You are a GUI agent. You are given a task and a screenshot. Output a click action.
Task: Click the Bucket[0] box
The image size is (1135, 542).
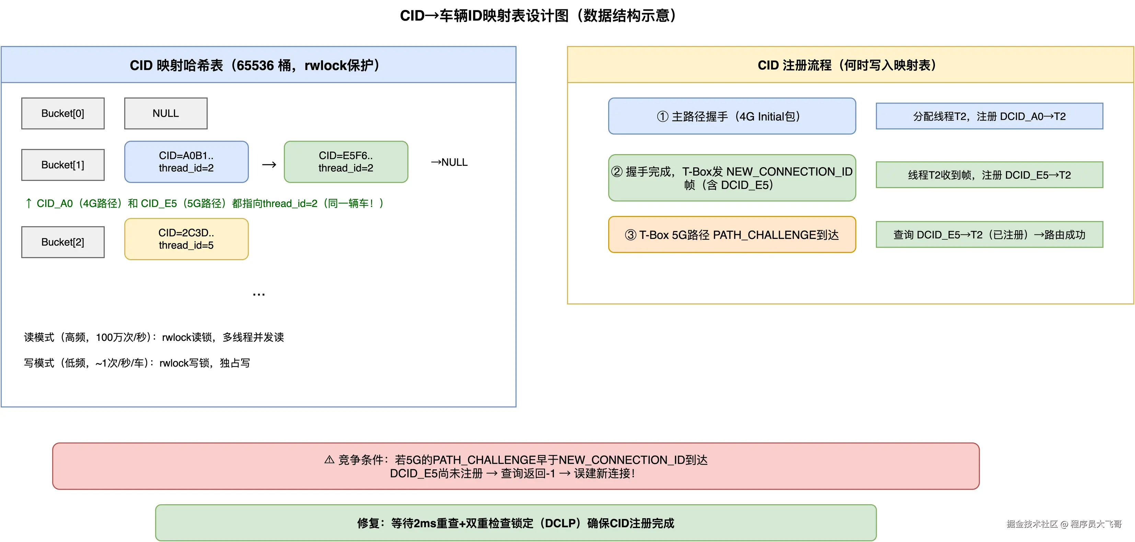(62, 113)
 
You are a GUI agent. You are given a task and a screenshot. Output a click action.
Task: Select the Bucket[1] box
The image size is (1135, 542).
(62, 165)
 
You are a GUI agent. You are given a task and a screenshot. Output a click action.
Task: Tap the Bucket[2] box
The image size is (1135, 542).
(62, 242)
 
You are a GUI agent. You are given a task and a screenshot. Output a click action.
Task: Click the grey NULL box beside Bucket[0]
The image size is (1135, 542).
(166, 113)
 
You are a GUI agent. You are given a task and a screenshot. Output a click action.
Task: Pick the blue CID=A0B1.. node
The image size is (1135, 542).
(186, 162)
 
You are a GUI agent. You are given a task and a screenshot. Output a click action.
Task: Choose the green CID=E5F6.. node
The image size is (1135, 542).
(346, 162)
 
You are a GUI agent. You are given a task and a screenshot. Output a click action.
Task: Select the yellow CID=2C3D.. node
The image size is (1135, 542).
(186, 239)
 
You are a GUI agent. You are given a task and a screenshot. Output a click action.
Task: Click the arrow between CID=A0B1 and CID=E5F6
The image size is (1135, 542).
(269, 165)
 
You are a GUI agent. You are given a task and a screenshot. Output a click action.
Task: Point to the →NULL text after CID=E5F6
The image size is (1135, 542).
(449, 162)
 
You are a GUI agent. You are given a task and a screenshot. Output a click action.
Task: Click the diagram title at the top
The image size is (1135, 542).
(538, 16)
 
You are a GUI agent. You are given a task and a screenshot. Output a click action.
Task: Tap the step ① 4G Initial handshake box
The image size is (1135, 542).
(732, 116)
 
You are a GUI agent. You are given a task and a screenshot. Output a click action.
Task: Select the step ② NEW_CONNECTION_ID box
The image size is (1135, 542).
(732, 177)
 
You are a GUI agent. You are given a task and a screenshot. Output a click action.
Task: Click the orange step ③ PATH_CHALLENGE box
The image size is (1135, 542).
(732, 234)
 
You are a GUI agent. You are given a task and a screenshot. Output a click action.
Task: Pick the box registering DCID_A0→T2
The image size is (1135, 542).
(989, 116)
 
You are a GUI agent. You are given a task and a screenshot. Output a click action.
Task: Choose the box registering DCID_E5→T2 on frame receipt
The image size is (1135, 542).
(989, 175)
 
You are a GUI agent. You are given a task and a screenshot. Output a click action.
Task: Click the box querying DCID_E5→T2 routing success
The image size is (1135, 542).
(989, 234)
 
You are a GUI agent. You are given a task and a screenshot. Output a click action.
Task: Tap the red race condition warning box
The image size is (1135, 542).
(516, 466)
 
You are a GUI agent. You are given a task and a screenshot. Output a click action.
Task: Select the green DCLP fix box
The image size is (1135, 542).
(516, 523)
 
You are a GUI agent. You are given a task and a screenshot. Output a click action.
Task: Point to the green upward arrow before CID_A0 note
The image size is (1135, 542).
(28, 203)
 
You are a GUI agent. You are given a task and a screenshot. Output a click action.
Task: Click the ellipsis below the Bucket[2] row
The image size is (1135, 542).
(259, 294)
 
